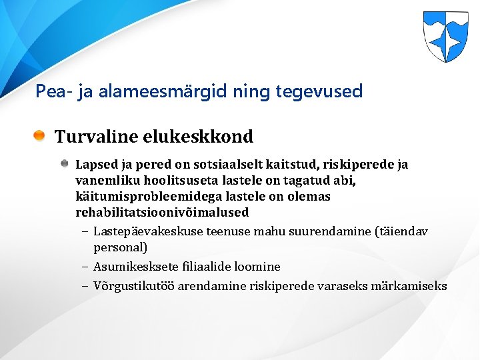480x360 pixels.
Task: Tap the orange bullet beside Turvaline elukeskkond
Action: pos(41,137)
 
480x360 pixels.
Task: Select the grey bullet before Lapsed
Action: pos(65,164)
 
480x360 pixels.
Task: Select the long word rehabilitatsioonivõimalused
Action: pos(162,213)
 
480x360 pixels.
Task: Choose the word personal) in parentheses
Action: pos(120,247)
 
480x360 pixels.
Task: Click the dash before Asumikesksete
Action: pos(86,267)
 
